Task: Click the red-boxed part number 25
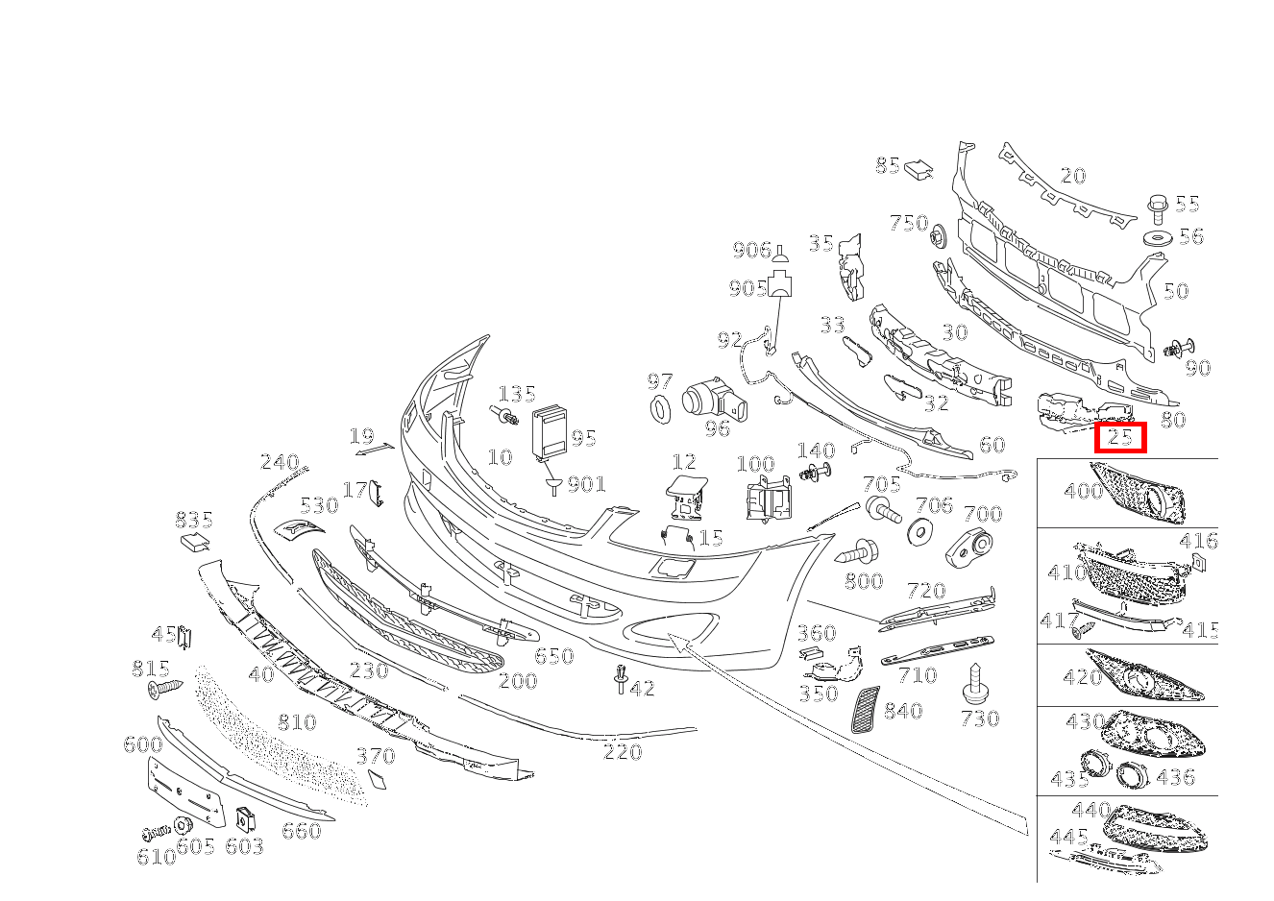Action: (x=1120, y=437)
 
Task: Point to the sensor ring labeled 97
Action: (x=660, y=408)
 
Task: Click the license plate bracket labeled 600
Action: (x=186, y=792)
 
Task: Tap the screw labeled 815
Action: (x=165, y=688)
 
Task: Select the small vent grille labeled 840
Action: (x=865, y=710)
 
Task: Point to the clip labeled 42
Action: (x=621, y=678)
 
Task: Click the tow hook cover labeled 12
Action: (x=687, y=498)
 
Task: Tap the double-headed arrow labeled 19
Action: (x=375, y=449)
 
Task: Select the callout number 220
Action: (x=623, y=752)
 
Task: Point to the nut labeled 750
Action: (x=938, y=235)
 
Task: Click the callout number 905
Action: (x=747, y=288)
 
